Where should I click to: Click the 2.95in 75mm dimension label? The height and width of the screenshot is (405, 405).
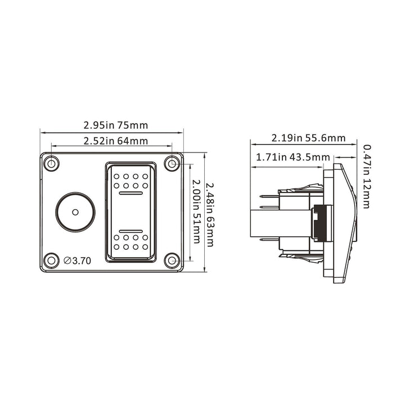115,125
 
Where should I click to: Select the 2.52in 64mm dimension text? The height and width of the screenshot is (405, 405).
116,141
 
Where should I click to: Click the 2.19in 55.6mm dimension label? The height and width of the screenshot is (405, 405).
308,138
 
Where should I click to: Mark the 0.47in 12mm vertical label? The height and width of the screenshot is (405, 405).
367,176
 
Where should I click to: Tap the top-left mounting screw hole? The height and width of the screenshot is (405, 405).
52,164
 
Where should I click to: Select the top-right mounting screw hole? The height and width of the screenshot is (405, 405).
172,164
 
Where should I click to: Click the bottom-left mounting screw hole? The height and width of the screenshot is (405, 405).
52,260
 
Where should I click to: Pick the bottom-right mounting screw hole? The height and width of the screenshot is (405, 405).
172,260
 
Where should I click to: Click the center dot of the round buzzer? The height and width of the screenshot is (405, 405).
75,212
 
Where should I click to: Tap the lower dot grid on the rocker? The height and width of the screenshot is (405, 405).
130,242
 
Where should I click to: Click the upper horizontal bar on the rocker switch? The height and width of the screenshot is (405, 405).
130,193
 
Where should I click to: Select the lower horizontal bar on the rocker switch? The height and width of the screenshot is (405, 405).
130,230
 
